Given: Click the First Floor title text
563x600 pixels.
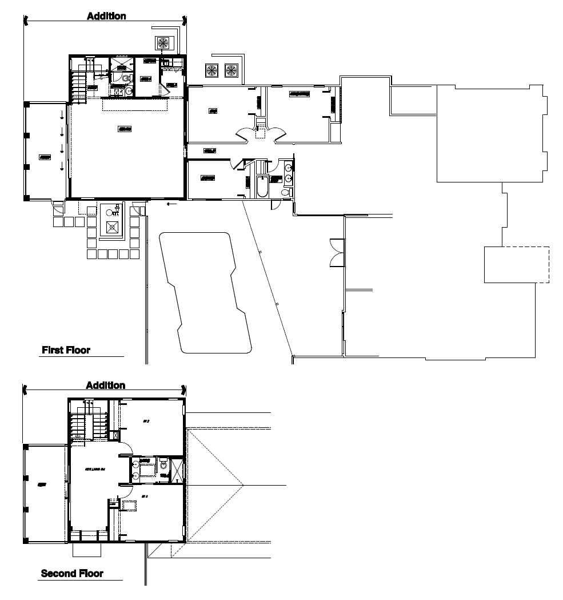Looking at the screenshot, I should [x=66, y=350].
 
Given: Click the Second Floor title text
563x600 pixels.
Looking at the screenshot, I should [x=72, y=573].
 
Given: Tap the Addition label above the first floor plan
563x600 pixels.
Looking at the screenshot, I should [x=106, y=16].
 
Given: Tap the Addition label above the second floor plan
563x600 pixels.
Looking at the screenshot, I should [x=105, y=386].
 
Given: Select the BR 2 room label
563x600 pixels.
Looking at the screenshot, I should [x=146, y=421].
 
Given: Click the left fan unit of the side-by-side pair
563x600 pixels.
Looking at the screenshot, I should [x=211, y=70].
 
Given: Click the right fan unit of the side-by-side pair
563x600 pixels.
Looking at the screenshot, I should [x=231, y=70].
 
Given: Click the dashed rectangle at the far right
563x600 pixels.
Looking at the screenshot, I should [x=517, y=264].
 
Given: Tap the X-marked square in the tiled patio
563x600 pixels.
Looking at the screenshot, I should [x=113, y=227].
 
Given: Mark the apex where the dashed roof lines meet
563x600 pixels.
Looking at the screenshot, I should [x=244, y=485].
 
